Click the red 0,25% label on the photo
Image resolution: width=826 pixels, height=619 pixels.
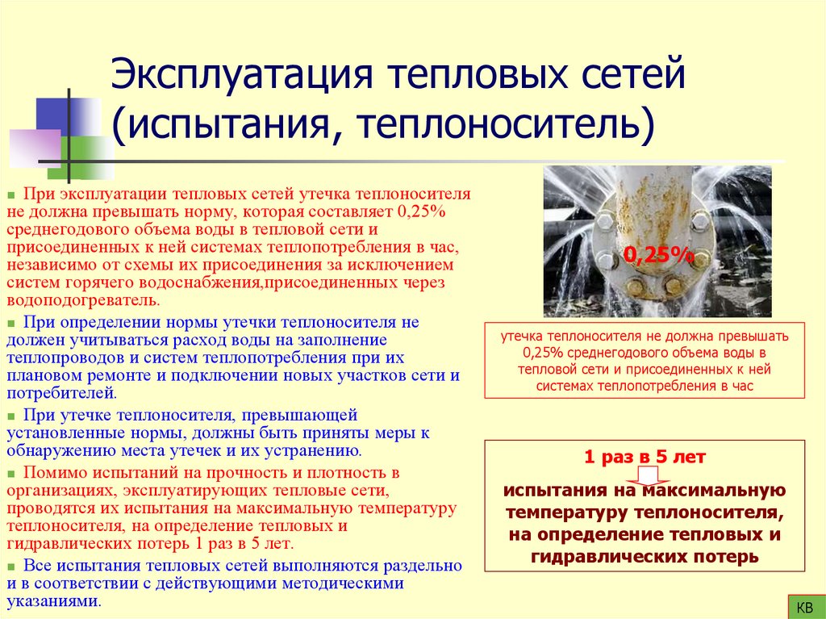point(658,256)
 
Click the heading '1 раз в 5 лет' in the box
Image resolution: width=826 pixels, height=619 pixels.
point(645,457)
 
